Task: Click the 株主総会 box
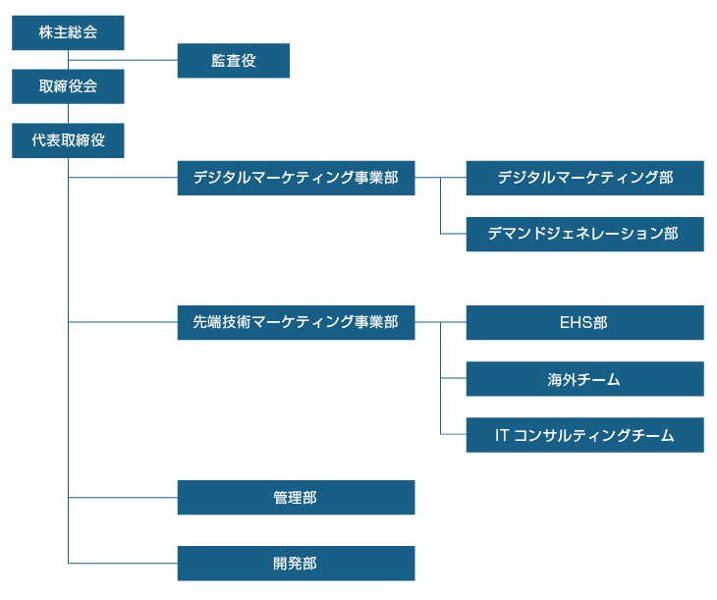tap(68, 32)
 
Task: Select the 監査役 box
tap(233, 61)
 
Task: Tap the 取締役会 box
tap(68, 86)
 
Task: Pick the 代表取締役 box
tap(68, 140)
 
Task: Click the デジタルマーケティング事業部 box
tap(296, 178)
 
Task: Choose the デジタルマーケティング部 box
tap(584, 178)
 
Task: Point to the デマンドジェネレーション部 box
tap(584, 234)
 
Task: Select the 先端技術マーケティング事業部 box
tap(296, 322)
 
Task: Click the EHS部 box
tap(584, 322)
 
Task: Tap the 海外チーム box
tap(584, 378)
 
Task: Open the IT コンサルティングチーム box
tap(584, 435)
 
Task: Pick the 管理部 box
tap(296, 498)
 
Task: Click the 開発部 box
tap(296, 564)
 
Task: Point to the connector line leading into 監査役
tap(123, 61)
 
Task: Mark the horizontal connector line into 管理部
tap(123, 498)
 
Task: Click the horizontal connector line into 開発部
tap(123, 564)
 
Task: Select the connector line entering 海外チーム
tap(454, 378)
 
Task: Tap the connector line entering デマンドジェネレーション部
tap(454, 234)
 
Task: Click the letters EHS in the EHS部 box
tap(571, 322)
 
